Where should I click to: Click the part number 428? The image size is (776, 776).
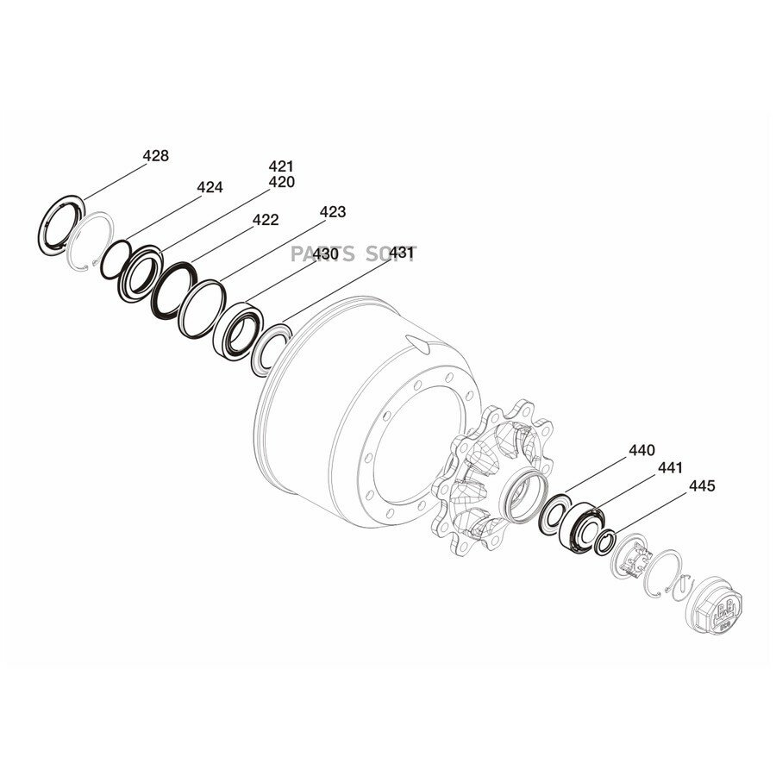(x=155, y=156)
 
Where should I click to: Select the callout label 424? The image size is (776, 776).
(x=210, y=187)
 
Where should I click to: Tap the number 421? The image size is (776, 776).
(x=281, y=166)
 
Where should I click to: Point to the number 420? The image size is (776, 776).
(x=281, y=182)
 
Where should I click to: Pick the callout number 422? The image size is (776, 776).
(x=266, y=220)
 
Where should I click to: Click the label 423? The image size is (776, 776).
(x=333, y=212)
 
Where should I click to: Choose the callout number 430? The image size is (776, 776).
(x=325, y=253)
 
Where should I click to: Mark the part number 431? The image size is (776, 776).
(x=401, y=253)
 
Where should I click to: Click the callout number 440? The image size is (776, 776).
(x=641, y=450)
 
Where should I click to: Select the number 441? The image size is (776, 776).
(x=670, y=467)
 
